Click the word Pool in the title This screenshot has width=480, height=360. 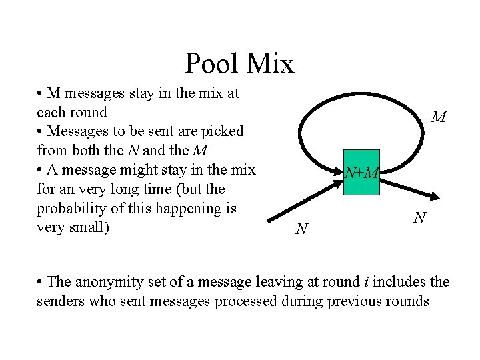pos(211,64)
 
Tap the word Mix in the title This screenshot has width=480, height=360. pos(269,64)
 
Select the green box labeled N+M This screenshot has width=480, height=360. pos(362,173)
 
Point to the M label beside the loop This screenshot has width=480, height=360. pos(438,118)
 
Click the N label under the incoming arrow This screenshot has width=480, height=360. pos(301,229)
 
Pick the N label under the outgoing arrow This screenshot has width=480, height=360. pos(419,217)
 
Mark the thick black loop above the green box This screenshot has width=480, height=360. pos(360,85)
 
